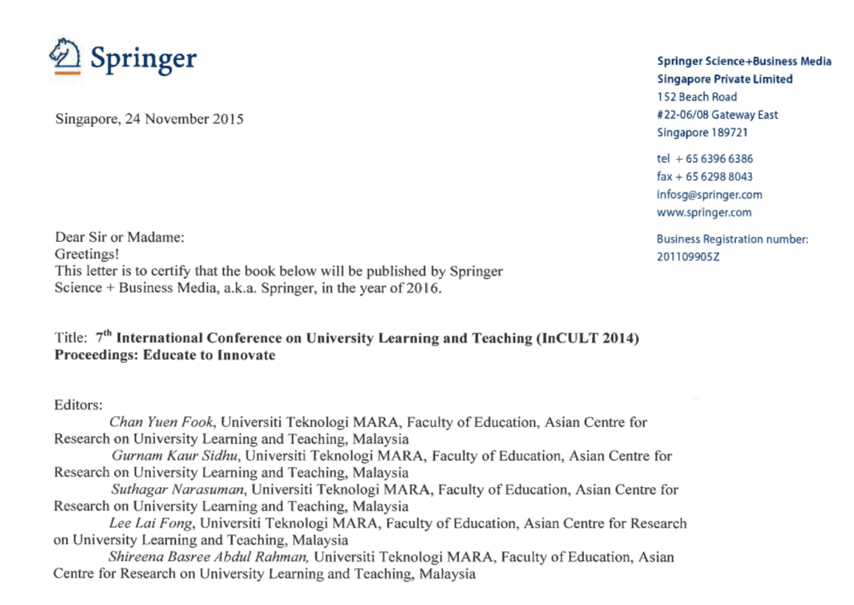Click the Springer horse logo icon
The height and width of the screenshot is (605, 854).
(65, 54)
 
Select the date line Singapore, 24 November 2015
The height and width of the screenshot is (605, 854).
(149, 119)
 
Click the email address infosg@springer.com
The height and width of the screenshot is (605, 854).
(709, 195)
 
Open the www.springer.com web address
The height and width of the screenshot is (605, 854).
(704, 212)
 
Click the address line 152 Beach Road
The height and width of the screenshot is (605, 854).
(697, 97)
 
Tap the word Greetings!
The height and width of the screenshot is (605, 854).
(87, 254)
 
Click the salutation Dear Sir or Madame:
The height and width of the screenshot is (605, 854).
(119, 238)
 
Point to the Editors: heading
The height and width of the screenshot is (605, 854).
(78, 404)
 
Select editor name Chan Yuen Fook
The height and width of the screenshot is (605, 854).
(161, 422)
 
